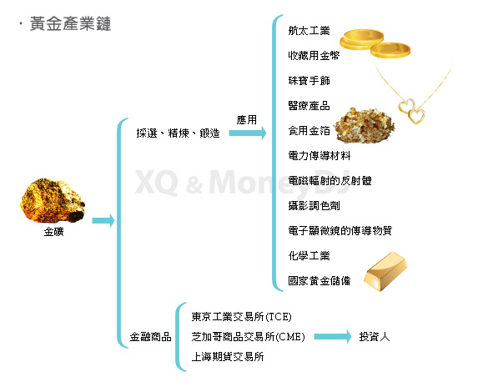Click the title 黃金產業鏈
(x=70, y=24)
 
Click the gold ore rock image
(x=53, y=201)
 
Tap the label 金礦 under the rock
(x=54, y=232)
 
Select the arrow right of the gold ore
(x=103, y=220)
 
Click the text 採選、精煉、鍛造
(x=178, y=133)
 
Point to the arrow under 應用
(x=248, y=133)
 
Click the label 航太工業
(x=309, y=31)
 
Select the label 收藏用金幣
(x=314, y=55)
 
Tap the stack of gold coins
(x=375, y=43)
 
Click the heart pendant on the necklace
(x=412, y=112)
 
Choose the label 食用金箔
(x=309, y=131)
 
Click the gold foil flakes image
(x=365, y=125)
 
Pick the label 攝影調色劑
(x=314, y=206)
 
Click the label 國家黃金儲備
(x=319, y=280)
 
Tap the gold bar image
(x=386, y=272)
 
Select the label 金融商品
(x=151, y=337)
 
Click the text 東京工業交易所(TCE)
(x=242, y=317)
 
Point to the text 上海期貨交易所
(x=228, y=356)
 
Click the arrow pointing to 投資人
(x=332, y=337)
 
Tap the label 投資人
(x=375, y=337)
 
